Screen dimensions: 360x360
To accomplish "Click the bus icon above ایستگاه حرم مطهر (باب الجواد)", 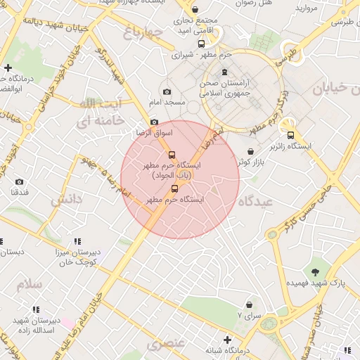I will click(172, 155).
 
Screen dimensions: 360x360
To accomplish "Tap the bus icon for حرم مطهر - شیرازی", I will click(202, 44).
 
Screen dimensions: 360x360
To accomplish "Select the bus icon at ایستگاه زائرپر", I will click(290, 136).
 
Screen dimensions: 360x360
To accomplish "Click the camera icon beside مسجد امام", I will click(167, 91).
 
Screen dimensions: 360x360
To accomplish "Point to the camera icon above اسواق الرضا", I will click(154, 122).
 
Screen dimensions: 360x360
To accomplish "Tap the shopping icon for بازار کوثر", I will click(250, 151).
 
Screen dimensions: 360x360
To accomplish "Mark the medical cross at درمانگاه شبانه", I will click(226, 340).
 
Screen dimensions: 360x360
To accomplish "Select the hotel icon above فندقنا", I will click(20, 181).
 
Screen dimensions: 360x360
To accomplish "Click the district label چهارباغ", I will click(143, 32).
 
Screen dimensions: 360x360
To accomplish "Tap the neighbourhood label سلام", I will click(30, 284).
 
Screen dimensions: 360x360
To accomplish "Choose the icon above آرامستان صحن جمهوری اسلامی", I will click(224, 72).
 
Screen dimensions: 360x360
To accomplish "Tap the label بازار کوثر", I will click(250, 162).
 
